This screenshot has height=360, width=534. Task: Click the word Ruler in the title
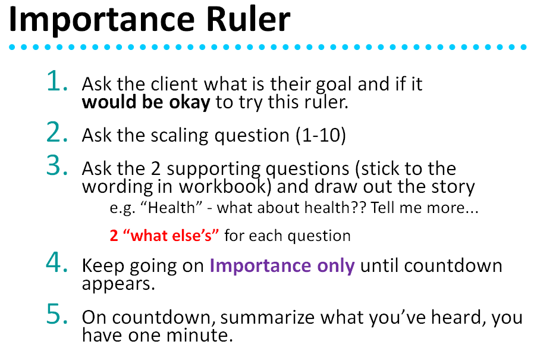[x=248, y=19]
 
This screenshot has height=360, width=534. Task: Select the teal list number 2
[x=57, y=132]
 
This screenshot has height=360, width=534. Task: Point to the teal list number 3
[x=57, y=165]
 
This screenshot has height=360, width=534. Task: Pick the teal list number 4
[x=57, y=262]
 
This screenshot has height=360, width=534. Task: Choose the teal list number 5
[x=57, y=314]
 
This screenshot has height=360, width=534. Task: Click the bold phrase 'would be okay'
[x=146, y=102]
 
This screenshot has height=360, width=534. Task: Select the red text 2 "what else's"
[x=164, y=236]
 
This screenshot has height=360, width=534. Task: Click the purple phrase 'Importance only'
[x=282, y=265]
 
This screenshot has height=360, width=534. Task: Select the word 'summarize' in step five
[x=268, y=317]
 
